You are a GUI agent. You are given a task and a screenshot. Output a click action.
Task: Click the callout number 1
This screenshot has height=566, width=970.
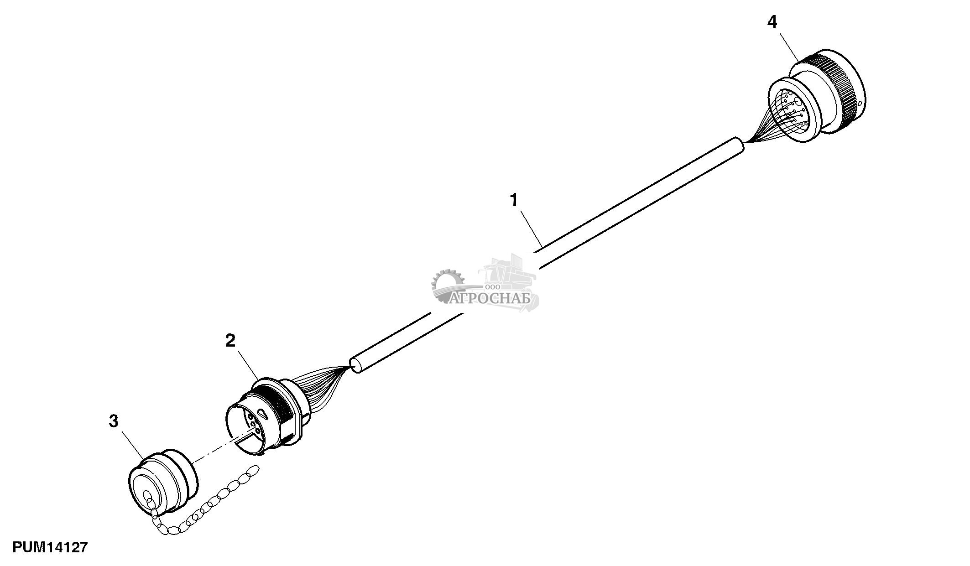pyautogui.click(x=514, y=200)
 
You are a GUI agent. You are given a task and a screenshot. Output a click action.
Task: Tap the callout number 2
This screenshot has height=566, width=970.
pyautogui.click(x=230, y=340)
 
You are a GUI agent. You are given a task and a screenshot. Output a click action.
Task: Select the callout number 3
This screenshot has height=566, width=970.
pyautogui.click(x=114, y=421)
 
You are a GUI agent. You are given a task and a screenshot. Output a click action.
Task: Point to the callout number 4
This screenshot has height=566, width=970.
pyautogui.click(x=772, y=22)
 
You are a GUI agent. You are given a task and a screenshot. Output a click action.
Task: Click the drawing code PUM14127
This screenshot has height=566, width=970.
pyautogui.click(x=50, y=547)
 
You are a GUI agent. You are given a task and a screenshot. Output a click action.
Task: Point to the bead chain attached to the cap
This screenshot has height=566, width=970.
pyautogui.click(x=210, y=506)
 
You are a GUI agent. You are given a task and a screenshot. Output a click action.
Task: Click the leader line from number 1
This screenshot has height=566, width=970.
pyautogui.click(x=529, y=228)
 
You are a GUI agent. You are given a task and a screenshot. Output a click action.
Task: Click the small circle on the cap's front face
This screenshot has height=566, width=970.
pyautogui.click(x=147, y=496)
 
